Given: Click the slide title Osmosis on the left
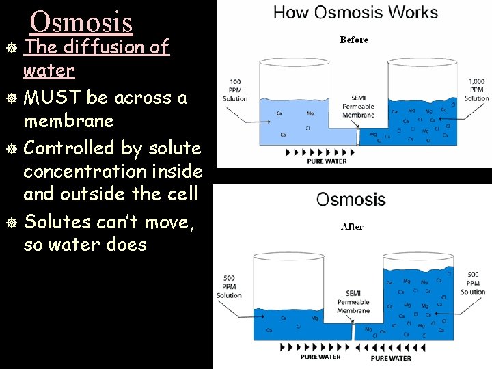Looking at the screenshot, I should coord(81,22).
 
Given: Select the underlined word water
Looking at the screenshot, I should coord(49,70).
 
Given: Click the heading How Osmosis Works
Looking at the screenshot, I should coord(355,12).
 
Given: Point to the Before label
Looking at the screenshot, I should coord(354,40).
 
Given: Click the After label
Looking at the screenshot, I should coord(352,226).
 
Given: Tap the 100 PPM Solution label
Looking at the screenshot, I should coord(234,90).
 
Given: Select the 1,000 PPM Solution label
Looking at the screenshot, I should coord(476,90).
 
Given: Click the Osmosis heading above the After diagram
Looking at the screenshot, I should coord(351,200).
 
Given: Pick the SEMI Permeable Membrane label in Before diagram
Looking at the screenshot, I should coord(358,106).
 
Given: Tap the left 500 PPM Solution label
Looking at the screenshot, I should coord(229,287).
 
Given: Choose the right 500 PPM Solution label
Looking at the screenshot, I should coord(473,283).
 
